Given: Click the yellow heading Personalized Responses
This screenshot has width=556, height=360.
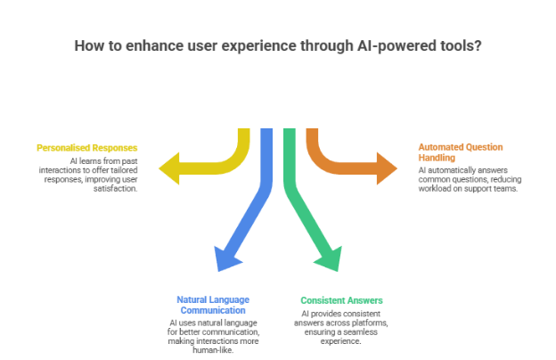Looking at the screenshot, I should tap(87, 146).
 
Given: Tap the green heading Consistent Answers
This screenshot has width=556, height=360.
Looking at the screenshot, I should tap(334, 299).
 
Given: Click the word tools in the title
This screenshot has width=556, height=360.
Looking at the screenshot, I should tap(462, 45).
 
